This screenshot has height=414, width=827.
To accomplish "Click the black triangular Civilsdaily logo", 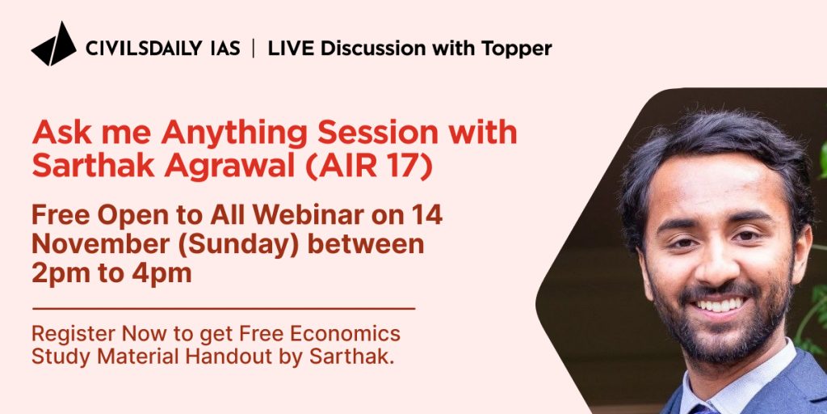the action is point(54,44).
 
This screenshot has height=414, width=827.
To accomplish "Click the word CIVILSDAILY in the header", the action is point(144,49).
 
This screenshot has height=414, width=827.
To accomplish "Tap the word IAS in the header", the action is point(225,49).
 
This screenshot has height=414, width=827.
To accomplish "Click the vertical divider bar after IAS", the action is point(254,49).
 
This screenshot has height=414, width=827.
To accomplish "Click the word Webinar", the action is point(308,215).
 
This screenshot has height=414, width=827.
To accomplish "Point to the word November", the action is point(98,244).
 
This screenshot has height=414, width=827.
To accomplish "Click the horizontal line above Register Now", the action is point(224,308).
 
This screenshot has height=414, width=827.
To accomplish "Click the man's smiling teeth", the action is point(720,306).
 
